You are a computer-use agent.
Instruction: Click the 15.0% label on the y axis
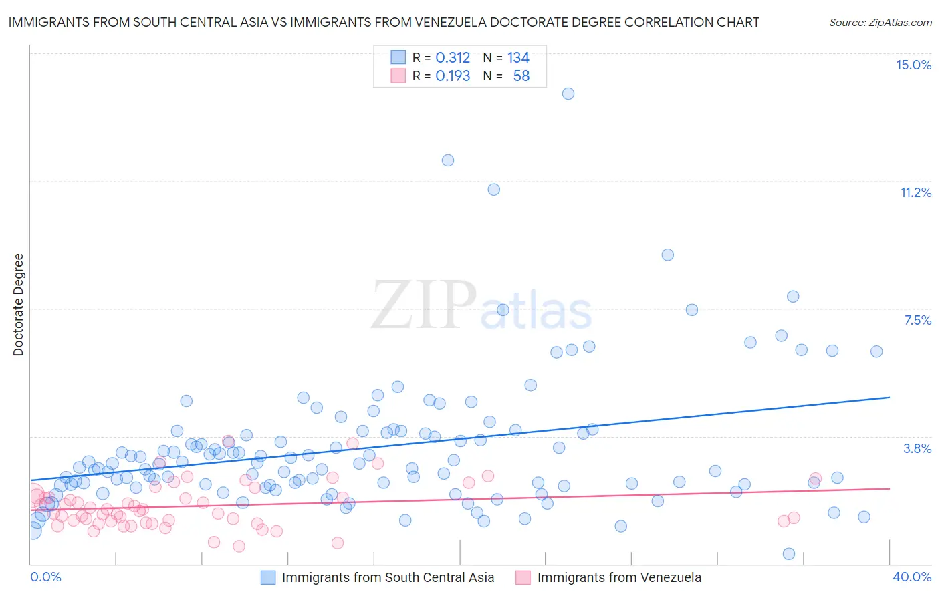pos(913,65)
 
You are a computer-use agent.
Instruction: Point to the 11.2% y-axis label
pos(915,192)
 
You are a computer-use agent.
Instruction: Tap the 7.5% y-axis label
pos(917,320)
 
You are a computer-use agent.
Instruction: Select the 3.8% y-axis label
pos(917,448)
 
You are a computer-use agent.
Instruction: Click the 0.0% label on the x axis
pos(45,577)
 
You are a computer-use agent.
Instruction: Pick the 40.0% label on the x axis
pos(912,577)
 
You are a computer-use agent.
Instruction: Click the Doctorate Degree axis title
pos(19,305)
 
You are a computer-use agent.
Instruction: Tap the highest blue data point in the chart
pos(568,94)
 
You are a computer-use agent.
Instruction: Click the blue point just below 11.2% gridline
pos(494,190)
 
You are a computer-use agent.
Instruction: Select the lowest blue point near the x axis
pos(789,554)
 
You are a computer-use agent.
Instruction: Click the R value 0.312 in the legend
pos(453,58)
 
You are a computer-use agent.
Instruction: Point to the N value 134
pos(518,58)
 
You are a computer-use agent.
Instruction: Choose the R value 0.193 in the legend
pos(453,76)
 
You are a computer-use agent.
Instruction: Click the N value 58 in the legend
pos(521,76)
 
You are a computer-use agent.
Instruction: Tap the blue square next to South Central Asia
pos(268,578)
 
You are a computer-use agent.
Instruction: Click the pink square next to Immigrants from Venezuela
pos(523,578)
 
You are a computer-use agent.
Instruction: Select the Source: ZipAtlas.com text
pos(880,23)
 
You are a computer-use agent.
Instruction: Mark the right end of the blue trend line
pos(889,398)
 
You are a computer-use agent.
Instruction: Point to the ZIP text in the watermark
pos(424,305)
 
